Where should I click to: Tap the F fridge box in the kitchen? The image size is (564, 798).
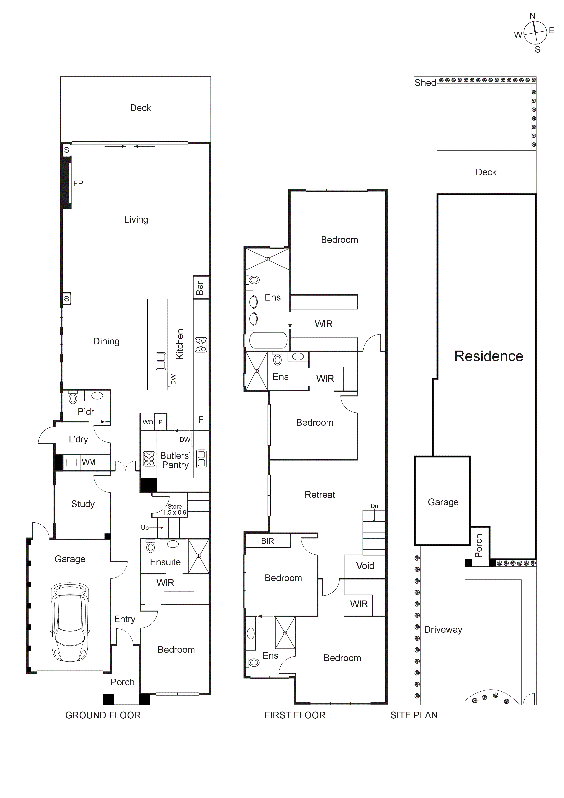tap(201, 420)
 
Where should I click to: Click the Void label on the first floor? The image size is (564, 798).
tap(365, 566)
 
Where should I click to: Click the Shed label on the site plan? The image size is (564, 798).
tap(425, 83)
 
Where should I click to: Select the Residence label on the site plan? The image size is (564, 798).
tap(489, 356)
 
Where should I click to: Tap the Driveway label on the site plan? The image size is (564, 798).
tap(443, 630)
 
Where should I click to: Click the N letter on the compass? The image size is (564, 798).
tap(532, 16)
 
